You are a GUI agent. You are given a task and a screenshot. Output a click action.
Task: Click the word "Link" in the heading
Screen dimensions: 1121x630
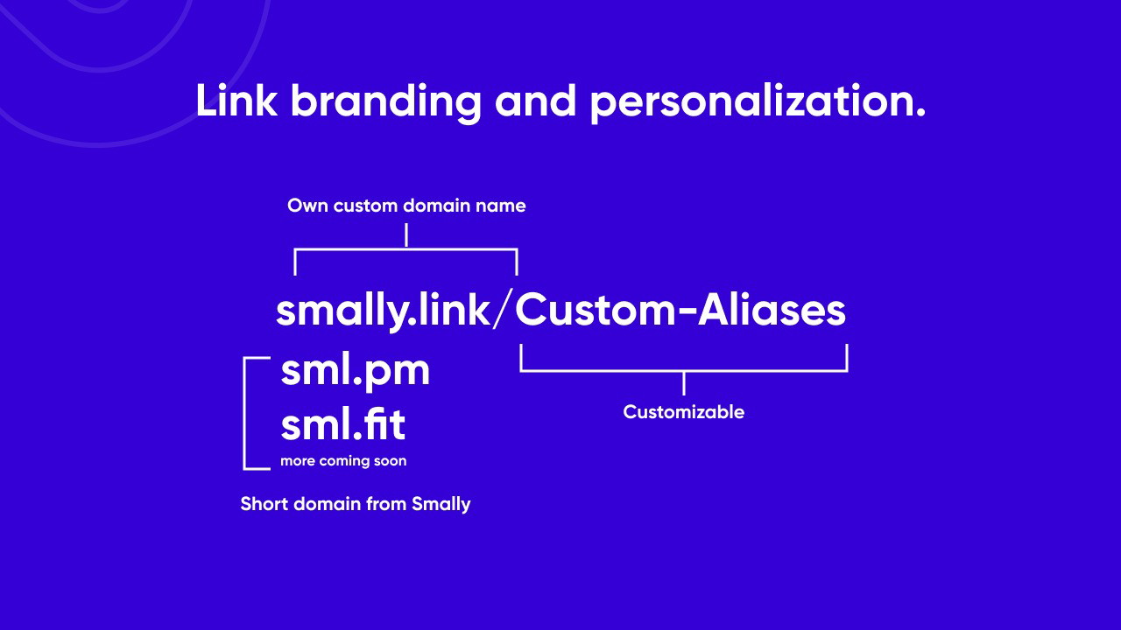pyautogui.click(x=236, y=101)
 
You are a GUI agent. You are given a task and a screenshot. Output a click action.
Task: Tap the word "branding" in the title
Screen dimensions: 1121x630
pyautogui.click(x=386, y=103)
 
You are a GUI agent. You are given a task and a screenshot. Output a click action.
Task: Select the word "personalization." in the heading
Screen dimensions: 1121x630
pyautogui.click(x=758, y=103)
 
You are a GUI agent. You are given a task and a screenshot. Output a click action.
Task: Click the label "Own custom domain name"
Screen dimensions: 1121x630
pyautogui.click(x=406, y=206)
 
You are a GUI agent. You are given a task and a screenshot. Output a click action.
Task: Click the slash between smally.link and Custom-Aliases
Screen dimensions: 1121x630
pyautogui.click(x=503, y=310)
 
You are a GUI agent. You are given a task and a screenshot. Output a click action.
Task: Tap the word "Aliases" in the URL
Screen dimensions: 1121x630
pyautogui.click(x=772, y=310)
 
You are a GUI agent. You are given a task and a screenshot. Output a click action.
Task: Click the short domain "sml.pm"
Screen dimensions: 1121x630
pyautogui.click(x=356, y=373)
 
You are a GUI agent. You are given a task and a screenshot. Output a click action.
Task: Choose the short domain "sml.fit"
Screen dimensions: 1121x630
pyautogui.click(x=343, y=424)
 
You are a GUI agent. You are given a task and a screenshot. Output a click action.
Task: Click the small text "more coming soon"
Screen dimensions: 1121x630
pyautogui.click(x=343, y=460)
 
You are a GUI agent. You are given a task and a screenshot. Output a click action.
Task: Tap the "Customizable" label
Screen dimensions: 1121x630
pyautogui.click(x=684, y=412)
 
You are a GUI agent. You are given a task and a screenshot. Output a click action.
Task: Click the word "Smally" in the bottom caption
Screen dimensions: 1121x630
pyautogui.click(x=441, y=504)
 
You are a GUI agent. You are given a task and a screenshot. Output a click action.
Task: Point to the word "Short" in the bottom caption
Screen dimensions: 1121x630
pyautogui.click(x=264, y=503)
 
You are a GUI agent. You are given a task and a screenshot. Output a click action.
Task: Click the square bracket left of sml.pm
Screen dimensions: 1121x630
pyautogui.click(x=244, y=414)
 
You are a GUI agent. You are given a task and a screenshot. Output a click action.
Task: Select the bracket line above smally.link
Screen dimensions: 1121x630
pyautogui.click(x=405, y=248)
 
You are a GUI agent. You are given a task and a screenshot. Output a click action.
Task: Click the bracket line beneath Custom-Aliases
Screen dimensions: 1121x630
pyautogui.click(x=684, y=371)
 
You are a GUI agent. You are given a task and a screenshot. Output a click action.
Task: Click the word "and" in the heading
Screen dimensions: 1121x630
pyautogui.click(x=535, y=101)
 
